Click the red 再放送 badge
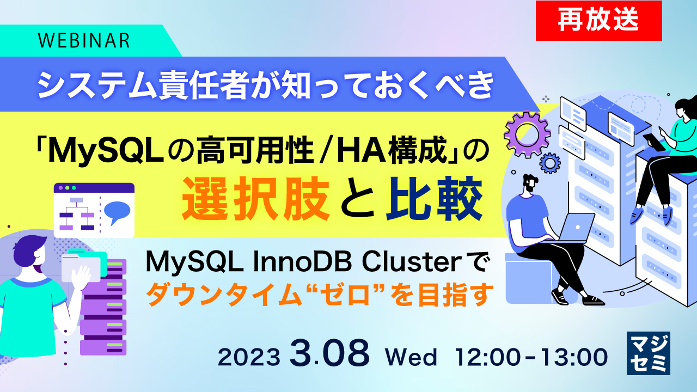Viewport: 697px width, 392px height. click(x=598, y=21)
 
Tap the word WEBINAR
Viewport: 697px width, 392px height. click(x=84, y=40)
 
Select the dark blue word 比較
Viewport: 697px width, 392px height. click(x=433, y=200)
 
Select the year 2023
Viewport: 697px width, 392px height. click(x=249, y=357)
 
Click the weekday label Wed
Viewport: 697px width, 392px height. click(x=411, y=358)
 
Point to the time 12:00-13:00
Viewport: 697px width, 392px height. click(x=532, y=358)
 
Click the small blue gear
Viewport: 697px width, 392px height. click(x=551, y=162)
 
